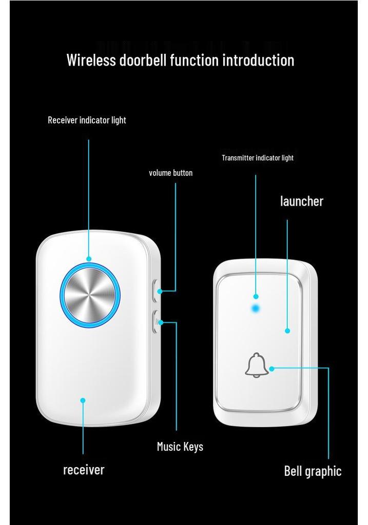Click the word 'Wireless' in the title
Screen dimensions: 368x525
click(x=91, y=60)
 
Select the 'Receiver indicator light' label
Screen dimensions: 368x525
click(x=87, y=120)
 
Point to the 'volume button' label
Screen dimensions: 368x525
click(x=170, y=173)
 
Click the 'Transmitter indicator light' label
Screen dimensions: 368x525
click(x=258, y=158)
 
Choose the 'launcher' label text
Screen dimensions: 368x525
click(x=302, y=201)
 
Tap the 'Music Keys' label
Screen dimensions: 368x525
click(x=180, y=447)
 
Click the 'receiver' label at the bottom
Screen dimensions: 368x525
click(x=84, y=470)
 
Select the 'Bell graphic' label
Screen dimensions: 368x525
click(x=313, y=471)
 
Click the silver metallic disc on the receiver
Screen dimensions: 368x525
click(x=90, y=295)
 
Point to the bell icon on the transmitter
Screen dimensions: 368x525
click(x=257, y=365)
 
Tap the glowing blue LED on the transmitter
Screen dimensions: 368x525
click(x=256, y=308)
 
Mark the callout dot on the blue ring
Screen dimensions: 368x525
click(x=89, y=259)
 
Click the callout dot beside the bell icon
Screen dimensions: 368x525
click(x=272, y=369)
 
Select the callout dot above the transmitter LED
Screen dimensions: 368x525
click(x=256, y=296)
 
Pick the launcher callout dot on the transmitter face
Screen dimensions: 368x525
click(x=287, y=331)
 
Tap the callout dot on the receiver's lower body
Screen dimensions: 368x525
click(x=83, y=400)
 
